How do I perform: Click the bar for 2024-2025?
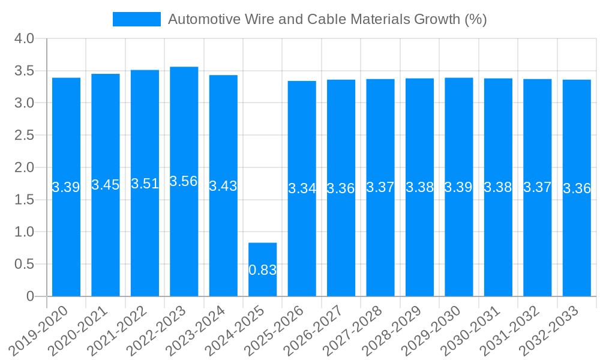pos(263,269)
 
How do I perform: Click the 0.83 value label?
pos(263,270)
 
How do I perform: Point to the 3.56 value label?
pos(184,181)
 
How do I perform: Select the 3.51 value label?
pos(145,184)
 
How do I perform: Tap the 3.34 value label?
pos(302,188)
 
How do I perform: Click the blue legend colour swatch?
pos(137,19)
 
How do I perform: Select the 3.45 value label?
pos(106,185)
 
